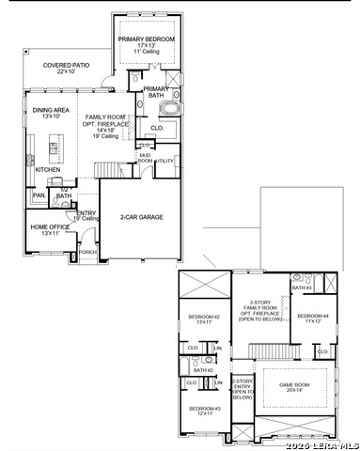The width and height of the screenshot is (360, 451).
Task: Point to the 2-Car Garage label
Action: coord(141,216)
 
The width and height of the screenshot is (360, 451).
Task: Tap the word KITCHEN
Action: coord(48,169)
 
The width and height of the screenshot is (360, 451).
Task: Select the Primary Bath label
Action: coord(155,92)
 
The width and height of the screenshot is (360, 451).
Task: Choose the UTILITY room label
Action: coord(164,161)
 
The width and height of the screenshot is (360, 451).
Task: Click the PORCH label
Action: coord(86,252)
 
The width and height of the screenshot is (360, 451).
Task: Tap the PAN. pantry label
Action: coord(39,194)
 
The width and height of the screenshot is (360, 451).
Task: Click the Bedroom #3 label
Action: coord(204,411)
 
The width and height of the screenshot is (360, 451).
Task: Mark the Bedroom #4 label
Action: coord(315,318)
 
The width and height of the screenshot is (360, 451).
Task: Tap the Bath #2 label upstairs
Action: coord(205,370)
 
